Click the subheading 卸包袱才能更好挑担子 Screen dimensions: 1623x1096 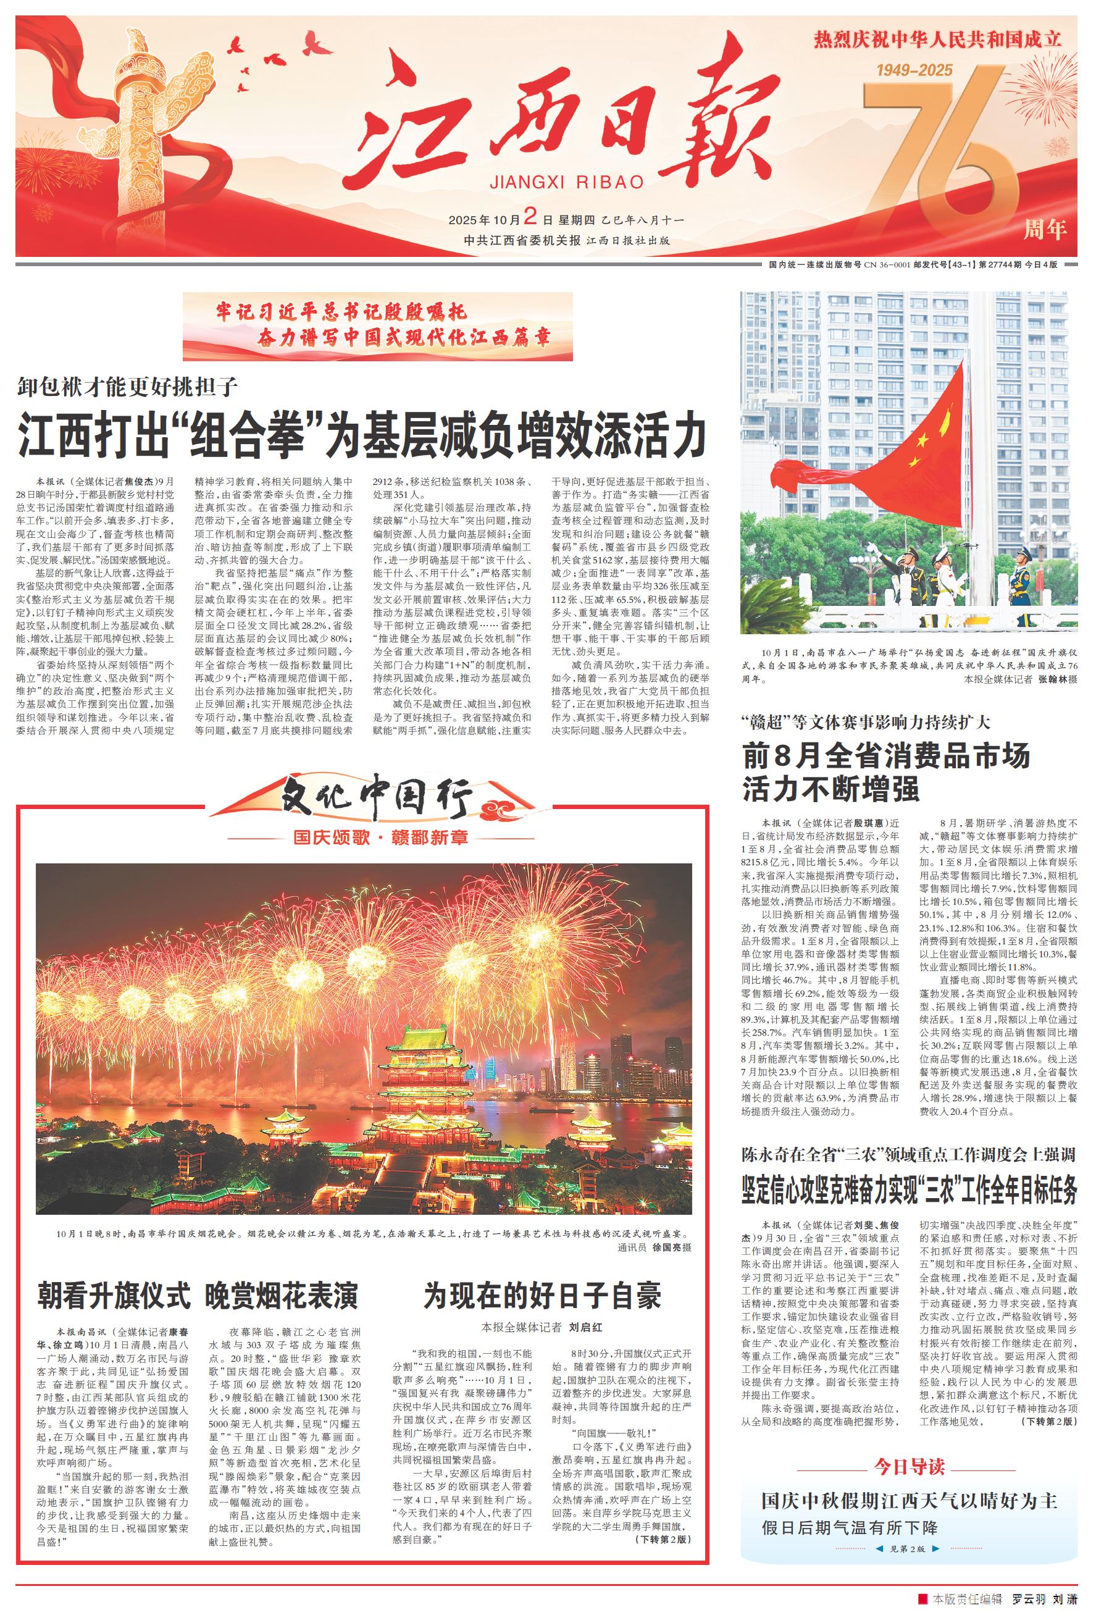click(128, 385)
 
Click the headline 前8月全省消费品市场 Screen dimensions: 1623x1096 click(885, 757)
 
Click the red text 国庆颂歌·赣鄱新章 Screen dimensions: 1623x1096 click(380, 837)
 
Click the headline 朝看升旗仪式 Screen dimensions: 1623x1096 click(114, 1296)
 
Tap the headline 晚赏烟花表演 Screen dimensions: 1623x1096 click(282, 1296)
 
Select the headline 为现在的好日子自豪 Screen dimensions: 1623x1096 click(542, 1296)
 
